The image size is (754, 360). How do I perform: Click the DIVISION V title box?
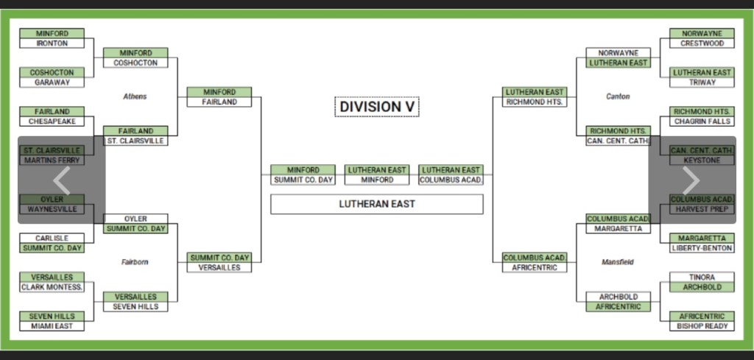[x=377, y=107]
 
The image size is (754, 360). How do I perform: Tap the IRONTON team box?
[x=52, y=43]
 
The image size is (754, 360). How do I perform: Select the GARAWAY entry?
[x=52, y=82]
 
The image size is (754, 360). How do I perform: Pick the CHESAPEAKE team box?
[x=52, y=121]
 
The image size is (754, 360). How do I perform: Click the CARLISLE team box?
[x=52, y=239]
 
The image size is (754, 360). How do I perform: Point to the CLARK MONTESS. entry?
[x=52, y=287]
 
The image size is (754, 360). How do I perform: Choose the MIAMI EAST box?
[x=52, y=326]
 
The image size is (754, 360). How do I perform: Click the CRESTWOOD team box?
[x=702, y=43]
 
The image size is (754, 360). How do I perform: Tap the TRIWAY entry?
[x=702, y=82]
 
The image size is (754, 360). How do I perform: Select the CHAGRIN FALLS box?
[x=702, y=121]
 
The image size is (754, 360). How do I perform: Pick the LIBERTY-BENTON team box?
[x=702, y=248]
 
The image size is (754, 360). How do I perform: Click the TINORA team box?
[x=702, y=277]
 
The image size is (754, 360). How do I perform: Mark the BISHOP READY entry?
[x=702, y=326]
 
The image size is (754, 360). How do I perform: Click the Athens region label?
[x=135, y=96]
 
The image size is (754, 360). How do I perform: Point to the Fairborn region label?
[x=135, y=262]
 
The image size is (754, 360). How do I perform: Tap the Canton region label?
[x=618, y=96]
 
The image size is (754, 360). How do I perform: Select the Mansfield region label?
[x=618, y=262]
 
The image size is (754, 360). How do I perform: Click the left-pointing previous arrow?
[x=62, y=180]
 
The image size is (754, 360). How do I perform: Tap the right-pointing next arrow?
[x=691, y=180]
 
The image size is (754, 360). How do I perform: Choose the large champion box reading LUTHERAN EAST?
[x=376, y=204]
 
